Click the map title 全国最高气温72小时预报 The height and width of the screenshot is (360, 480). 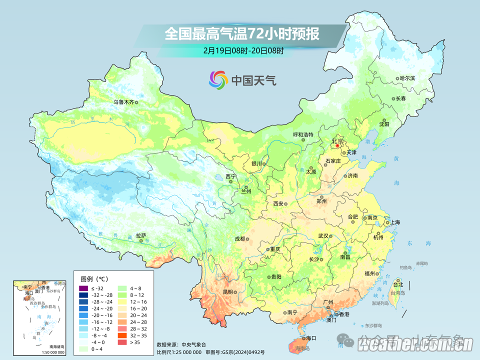pos(242,34)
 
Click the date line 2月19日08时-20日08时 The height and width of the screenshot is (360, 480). pos(243,50)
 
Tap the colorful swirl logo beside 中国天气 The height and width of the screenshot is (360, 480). pos(218,79)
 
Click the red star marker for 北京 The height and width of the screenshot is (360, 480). pos(337,146)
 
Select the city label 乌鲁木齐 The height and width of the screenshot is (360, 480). pos(123,102)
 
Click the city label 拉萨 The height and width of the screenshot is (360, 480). pos(141,235)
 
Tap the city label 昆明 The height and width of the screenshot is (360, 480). pos(228,291)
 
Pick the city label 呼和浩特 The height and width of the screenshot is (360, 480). pos(302,135)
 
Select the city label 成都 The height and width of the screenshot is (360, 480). pos(239,238)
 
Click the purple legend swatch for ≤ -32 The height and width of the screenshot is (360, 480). pos(83,288)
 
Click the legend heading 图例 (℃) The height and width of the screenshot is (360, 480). pos(94,278)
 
